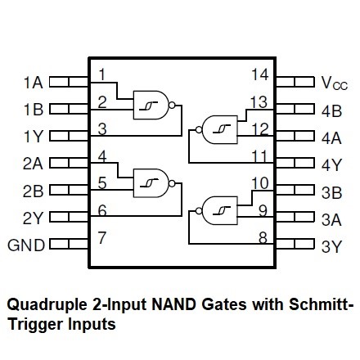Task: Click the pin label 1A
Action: pos(34,83)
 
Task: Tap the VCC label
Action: pos(335,83)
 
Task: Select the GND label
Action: pos(26,245)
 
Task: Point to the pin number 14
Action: pos(260,74)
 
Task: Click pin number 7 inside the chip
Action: pos(101,237)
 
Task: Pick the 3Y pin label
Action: pos(331,246)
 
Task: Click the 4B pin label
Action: pos(331,111)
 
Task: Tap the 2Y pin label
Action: pos(33,218)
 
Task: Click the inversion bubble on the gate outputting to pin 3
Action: pos(172,105)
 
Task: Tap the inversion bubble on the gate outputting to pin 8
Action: pos(199,210)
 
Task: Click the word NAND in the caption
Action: pos(173,304)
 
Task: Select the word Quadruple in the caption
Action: pos(47,304)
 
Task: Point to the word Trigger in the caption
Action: pos(35,325)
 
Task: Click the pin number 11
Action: pos(259,156)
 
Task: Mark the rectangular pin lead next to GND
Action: pos(69,244)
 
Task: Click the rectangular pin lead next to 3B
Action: pos(295,190)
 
